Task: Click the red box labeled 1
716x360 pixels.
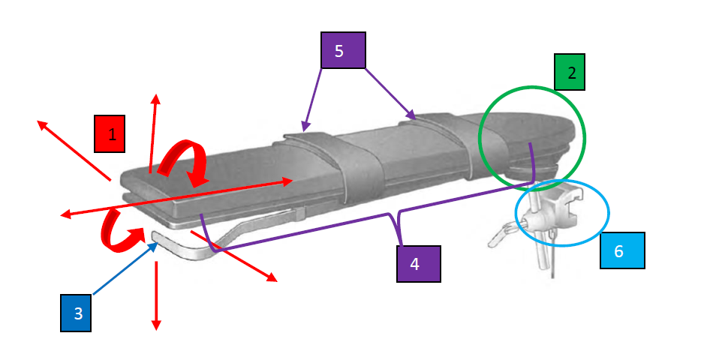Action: pyautogui.click(x=110, y=133)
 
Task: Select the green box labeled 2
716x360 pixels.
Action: pyautogui.click(x=570, y=72)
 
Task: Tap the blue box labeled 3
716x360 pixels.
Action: pyautogui.click(x=76, y=313)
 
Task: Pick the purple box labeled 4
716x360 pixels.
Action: pyautogui.click(x=418, y=264)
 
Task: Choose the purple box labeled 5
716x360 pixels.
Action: pyautogui.click(x=343, y=50)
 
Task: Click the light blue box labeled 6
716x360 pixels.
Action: pyautogui.click(x=622, y=250)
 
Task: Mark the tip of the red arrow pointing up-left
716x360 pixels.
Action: pyautogui.click(x=38, y=121)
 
